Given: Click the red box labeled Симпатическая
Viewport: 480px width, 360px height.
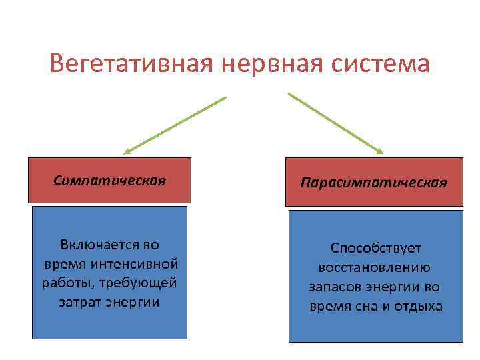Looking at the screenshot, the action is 109,180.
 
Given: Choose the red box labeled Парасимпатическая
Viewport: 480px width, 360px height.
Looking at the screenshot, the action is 373,181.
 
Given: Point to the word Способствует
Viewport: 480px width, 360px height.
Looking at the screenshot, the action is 376,248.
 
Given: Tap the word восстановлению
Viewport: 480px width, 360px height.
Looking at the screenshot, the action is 375,267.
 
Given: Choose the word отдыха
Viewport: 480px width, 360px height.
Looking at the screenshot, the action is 422,307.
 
